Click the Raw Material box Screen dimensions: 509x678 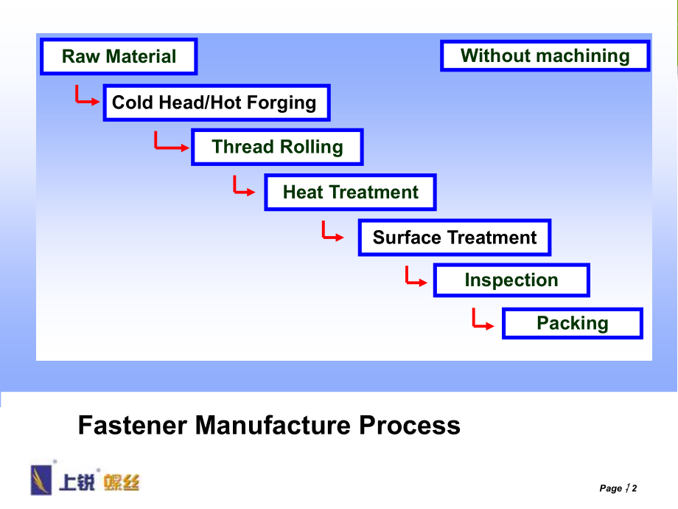(x=119, y=57)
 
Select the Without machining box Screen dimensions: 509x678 (x=545, y=56)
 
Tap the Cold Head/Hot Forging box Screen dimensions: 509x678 (x=214, y=103)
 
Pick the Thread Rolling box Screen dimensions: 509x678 (x=277, y=147)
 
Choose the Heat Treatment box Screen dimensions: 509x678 (x=350, y=193)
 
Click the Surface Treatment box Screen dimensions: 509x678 (x=454, y=238)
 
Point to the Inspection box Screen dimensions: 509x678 (x=511, y=280)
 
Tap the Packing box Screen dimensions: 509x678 (x=572, y=323)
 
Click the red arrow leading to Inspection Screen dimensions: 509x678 (x=416, y=277)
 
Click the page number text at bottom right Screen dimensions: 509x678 (x=618, y=488)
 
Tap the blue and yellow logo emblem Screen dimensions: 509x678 (x=41, y=479)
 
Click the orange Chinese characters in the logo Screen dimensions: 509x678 (x=121, y=482)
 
